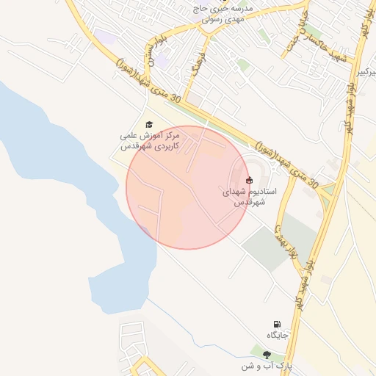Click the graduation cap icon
click(150, 125)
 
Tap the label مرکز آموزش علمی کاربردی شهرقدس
click(150, 141)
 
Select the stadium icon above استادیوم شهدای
click(249, 179)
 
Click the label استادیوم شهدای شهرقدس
click(250, 196)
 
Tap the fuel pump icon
click(277, 324)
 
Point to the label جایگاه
click(278, 336)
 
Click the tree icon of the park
click(267, 355)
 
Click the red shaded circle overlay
click(187, 187)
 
